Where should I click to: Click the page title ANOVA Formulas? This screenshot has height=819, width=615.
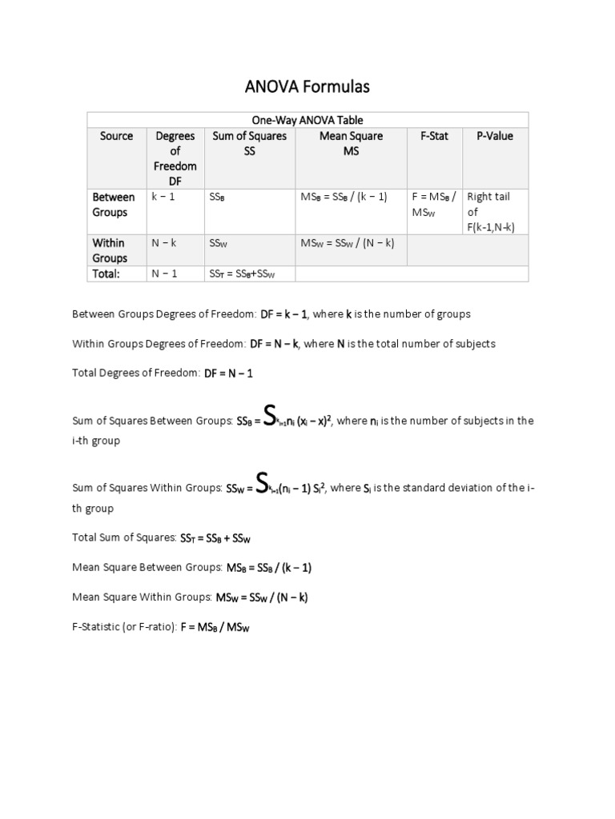tap(307, 86)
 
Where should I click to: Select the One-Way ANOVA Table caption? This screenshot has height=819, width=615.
tap(307, 120)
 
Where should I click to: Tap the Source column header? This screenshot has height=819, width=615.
tap(116, 136)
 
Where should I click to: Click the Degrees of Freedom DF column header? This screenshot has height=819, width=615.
tap(175, 158)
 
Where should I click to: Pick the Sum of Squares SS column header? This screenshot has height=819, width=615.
tap(249, 143)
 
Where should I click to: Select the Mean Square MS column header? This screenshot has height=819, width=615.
tap(351, 143)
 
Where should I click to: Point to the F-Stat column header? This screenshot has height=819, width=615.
tap(434, 136)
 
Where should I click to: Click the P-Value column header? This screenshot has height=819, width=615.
tap(494, 136)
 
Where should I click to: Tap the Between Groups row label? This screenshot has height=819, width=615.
tap(113, 205)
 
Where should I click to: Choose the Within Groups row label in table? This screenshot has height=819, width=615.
tap(110, 250)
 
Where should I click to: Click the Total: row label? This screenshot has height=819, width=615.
tap(106, 274)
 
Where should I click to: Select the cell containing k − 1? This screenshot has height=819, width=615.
tap(164, 197)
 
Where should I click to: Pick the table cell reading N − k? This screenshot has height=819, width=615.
tap(165, 243)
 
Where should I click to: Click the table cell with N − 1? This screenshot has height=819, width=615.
tap(164, 274)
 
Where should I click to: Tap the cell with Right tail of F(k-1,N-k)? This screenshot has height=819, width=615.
tap(490, 212)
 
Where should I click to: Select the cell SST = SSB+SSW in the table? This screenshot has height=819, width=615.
tap(242, 274)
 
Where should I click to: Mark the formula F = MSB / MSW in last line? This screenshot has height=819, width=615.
tap(215, 628)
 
